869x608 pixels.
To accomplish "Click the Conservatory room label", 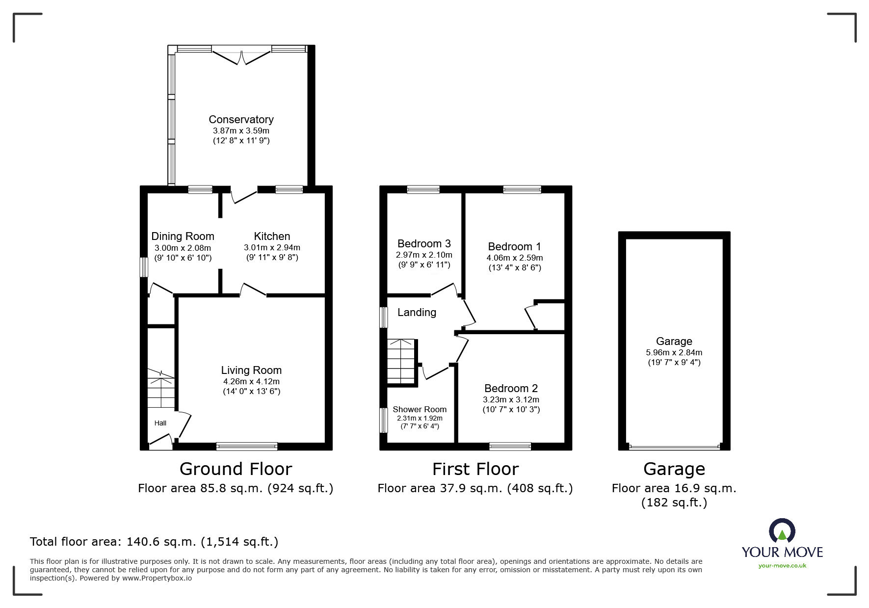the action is (x=241, y=119).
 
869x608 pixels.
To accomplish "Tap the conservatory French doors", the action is (x=241, y=55).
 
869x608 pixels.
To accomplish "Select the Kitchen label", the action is (x=272, y=236).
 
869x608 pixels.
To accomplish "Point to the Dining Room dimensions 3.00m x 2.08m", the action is (x=183, y=248).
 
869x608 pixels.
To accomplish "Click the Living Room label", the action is (x=251, y=370).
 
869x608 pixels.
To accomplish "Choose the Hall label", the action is (x=160, y=423).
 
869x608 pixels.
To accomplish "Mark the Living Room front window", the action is (x=247, y=446).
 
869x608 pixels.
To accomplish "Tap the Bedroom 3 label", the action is (x=424, y=244).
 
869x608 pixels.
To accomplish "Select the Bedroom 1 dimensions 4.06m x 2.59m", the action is (x=515, y=258).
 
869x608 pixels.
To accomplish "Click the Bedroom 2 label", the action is (x=511, y=388).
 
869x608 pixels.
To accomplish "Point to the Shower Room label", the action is (x=420, y=409).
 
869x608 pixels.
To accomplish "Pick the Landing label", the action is (x=417, y=313).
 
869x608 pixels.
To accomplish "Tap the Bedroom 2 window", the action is (x=510, y=446).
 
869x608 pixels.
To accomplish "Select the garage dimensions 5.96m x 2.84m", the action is (x=674, y=352).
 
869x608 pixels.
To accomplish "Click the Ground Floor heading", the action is (x=236, y=469).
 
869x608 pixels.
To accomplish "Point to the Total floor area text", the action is (x=154, y=542).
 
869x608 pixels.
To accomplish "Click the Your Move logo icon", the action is (x=782, y=531).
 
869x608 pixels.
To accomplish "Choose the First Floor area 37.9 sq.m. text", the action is (x=475, y=488).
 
